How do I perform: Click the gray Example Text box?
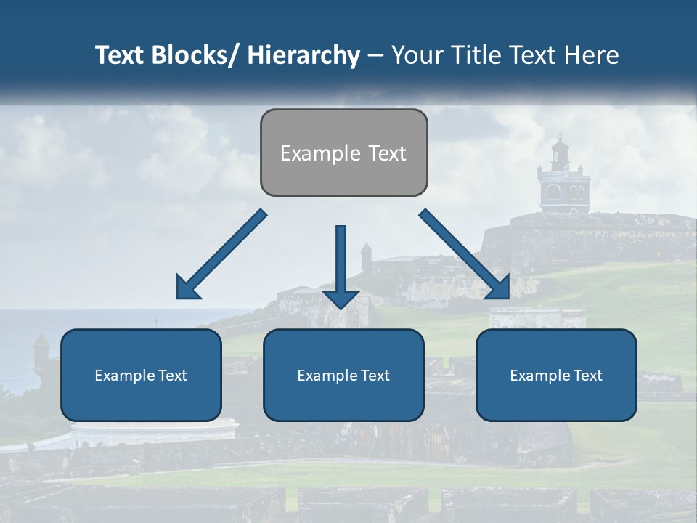[343, 153]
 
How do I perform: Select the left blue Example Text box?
[141, 375]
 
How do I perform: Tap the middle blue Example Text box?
[343, 375]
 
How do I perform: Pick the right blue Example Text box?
[556, 375]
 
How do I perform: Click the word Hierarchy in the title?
[303, 55]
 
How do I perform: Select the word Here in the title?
[592, 55]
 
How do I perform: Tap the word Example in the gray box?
[319, 153]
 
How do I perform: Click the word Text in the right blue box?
[587, 375]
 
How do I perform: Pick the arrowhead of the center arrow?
[341, 298]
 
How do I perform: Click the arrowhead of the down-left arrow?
[187, 288]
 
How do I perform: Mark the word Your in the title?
[417, 55]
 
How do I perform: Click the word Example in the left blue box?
[125, 376]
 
